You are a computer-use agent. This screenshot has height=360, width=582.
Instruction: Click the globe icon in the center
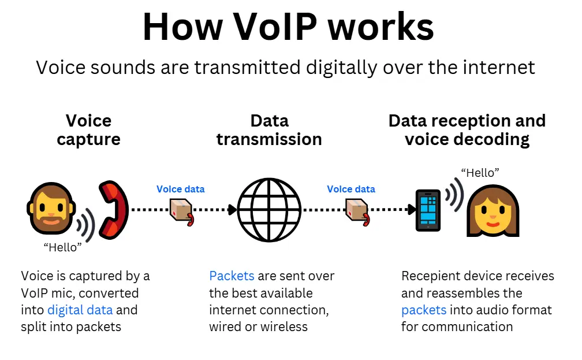(269, 209)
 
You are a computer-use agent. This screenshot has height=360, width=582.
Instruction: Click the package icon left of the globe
(181, 211)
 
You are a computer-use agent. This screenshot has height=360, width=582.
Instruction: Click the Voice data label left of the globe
(180, 189)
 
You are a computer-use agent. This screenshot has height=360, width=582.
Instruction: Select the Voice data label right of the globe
(351, 189)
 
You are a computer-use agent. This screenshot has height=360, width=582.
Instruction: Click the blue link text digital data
(80, 310)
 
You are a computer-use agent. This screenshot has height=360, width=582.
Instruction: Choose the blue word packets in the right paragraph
(424, 310)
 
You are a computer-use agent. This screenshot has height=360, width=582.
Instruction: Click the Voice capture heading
(88, 130)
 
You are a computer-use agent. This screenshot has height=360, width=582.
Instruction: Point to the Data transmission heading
(269, 130)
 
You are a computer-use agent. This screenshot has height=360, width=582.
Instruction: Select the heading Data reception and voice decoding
(467, 130)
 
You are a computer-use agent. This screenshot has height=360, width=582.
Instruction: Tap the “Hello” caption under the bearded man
(63, 247)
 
